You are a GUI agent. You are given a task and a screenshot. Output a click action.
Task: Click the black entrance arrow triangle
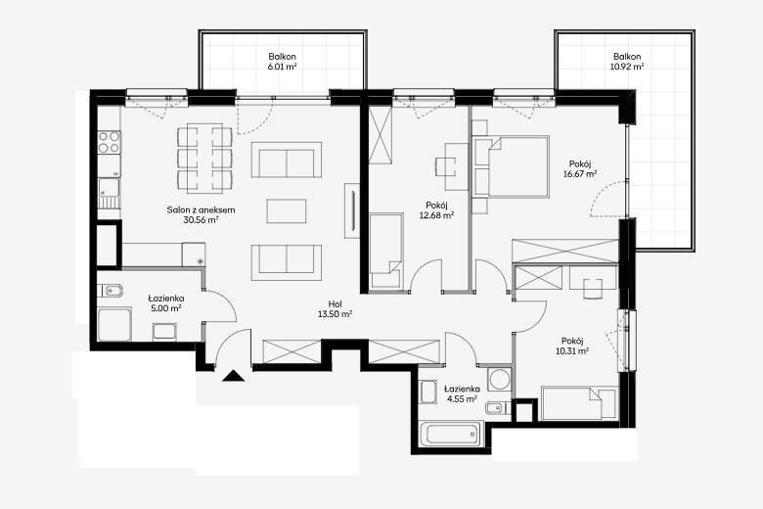[x=233, y=376]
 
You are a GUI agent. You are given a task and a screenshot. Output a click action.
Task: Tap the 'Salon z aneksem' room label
[x=201, y=209]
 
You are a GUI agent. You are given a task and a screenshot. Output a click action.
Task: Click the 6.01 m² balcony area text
[x=283, y=67]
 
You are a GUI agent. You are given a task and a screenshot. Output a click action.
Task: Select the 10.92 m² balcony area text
[x=627, y=67]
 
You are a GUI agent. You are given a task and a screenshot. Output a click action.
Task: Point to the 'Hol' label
[x=336, y=304]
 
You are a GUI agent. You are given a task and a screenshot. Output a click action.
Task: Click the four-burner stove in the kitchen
[x=109, y=142]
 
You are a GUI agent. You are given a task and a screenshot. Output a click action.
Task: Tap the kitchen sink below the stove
[x=109, y=194]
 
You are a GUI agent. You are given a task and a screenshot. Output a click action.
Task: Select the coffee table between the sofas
[x=287, y=210]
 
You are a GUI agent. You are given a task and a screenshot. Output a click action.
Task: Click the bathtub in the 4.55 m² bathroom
[x=451, y=433]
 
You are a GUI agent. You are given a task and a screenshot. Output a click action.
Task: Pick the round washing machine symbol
[x=499, y=379]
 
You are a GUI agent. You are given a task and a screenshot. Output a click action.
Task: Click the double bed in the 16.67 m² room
[x=512, y=166]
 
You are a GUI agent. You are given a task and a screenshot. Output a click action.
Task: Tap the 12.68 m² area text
[x=436, y=214]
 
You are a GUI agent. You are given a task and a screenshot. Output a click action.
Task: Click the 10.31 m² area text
[x=572, y=350]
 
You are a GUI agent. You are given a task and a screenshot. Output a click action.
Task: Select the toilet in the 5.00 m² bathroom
[x=110, y=291]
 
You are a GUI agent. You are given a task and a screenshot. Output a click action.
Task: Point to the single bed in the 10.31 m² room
[x=579, y=403]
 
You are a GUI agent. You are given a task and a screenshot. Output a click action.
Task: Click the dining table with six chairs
[x=204, y=159]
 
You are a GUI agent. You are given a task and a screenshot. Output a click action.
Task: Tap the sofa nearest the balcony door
[x=287, y=160]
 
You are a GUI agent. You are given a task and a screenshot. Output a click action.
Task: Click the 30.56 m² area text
[x=201, y=219]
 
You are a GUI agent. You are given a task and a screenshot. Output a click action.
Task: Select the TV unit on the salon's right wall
[x=352, y=210]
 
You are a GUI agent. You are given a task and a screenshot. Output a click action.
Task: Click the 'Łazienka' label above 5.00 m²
[x=166, y=299]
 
